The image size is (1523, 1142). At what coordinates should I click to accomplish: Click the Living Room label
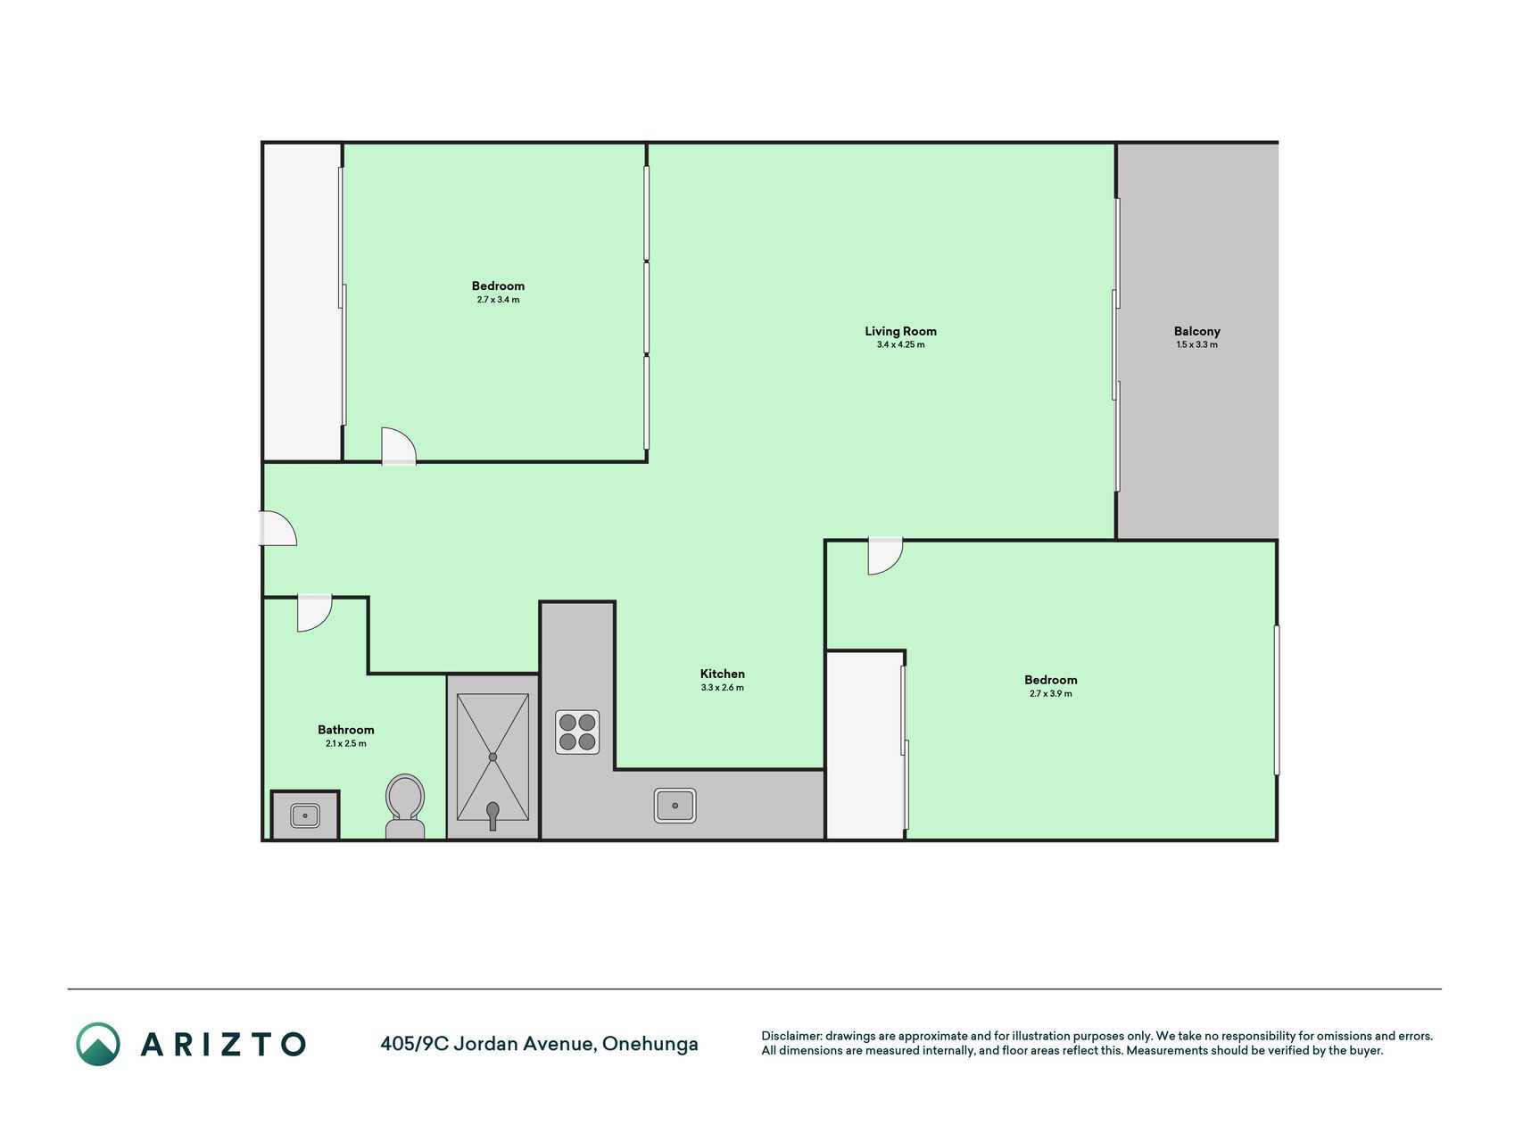[x=900, y=331]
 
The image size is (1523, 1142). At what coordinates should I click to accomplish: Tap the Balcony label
[x=1196, y=331]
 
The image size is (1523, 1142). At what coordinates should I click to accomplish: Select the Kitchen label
[x=722, y=674]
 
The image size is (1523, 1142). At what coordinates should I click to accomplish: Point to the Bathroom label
[x=345, y=730]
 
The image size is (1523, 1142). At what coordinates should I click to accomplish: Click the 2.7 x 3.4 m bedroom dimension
[x=498, y=300]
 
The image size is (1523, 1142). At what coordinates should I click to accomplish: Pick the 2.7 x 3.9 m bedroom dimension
[x=1050, y=693]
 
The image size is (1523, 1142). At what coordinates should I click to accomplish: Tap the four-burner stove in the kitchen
[x=577, y=732]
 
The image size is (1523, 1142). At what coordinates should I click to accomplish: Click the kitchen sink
[x=675, y=806]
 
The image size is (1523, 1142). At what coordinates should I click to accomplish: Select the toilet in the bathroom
[x=404, y=807]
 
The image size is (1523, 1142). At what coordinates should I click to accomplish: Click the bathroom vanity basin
[x=304, y=815]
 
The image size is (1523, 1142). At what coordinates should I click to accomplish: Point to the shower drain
[x=492, y=757]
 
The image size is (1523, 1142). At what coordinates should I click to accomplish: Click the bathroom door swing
[x=314, y=613]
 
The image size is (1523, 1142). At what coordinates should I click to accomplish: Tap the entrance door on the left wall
[x=277, y=528]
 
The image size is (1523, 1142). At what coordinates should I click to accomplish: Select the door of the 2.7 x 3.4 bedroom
[x=398, y=446]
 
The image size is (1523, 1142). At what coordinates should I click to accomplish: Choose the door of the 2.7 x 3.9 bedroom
[x=885, y=556]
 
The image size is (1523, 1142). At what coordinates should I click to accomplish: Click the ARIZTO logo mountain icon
[x=98, y=1044]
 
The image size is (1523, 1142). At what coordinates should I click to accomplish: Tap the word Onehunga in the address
[x=650, y=1044]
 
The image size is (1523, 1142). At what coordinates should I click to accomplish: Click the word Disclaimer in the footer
[x=790, y=1036]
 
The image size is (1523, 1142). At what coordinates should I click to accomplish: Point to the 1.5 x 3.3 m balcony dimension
[x=1196, y=344]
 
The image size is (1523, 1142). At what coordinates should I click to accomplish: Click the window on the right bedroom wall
[x=1277, y=699]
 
